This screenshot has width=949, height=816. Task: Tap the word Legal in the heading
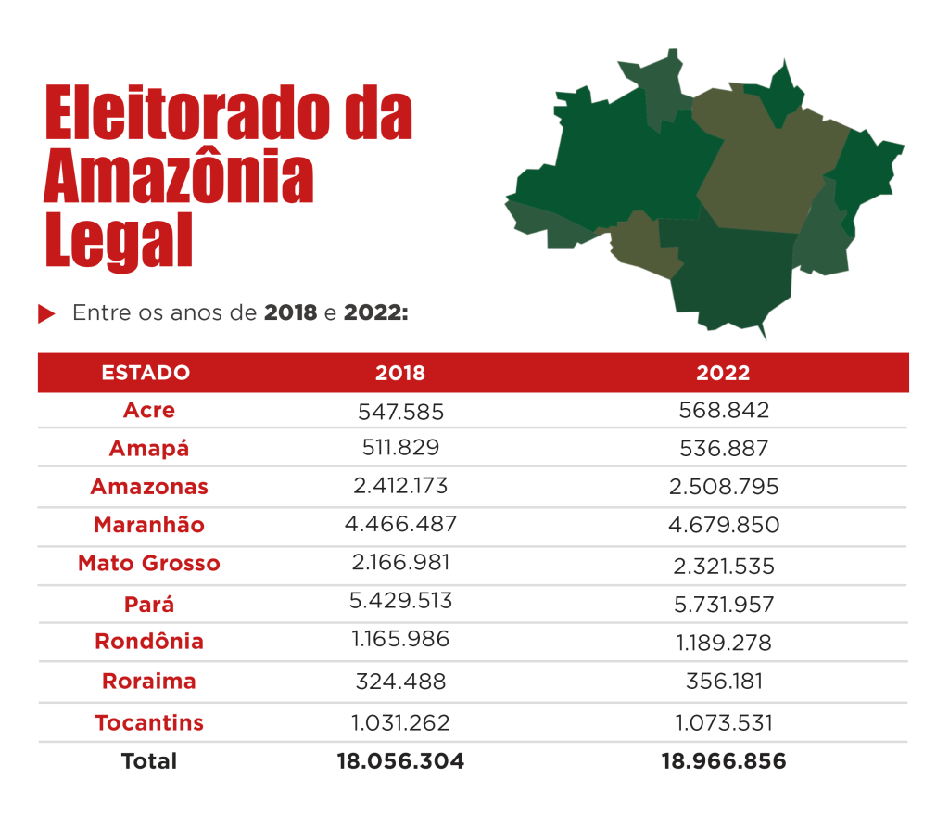coord(119,240)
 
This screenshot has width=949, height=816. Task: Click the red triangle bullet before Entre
coord(46,314)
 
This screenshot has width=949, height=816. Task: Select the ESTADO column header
coord(146,373)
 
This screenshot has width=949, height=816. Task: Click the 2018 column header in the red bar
coord(400,373)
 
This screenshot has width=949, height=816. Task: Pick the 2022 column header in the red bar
coord(723,373)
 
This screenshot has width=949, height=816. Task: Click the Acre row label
coord(148,410)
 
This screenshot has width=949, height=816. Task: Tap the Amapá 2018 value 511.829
coord(400,447)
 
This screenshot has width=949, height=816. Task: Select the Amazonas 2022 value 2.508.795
coord(723,487)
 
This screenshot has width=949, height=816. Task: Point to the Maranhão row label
coord(148,525)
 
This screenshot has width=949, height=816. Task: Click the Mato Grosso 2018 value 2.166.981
coord(400,563)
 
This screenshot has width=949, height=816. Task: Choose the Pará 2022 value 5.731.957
coord(723,605)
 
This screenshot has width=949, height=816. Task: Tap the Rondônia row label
coord(148,642)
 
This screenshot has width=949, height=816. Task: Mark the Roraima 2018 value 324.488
coord(400,682)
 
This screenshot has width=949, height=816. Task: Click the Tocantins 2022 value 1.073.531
coord(723,723)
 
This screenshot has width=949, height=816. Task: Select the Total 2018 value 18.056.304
coord(400,761)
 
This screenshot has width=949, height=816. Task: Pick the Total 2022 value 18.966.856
coord(723,761)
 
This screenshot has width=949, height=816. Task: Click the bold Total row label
coord(148,761)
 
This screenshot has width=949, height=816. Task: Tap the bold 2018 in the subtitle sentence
coord(290,313)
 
